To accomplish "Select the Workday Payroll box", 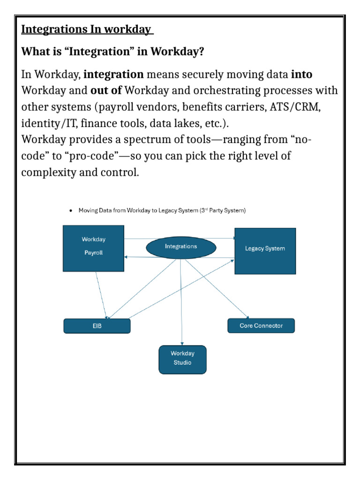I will point(94,248).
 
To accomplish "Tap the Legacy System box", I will point(265,251).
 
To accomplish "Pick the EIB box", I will point(97,326).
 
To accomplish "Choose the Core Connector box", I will point(261,326).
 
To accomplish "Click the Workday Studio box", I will point(182,359).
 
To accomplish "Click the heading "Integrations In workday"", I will point(87,30).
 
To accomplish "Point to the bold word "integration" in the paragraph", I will point(113,74).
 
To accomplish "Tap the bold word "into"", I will point(301,74).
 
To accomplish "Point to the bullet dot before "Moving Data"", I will point(70,211).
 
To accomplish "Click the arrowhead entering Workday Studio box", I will point(182,344).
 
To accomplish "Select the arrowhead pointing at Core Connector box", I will point(247,317).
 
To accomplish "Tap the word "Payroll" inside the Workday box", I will point(94,253).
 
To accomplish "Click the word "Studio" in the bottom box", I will point(182,363).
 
